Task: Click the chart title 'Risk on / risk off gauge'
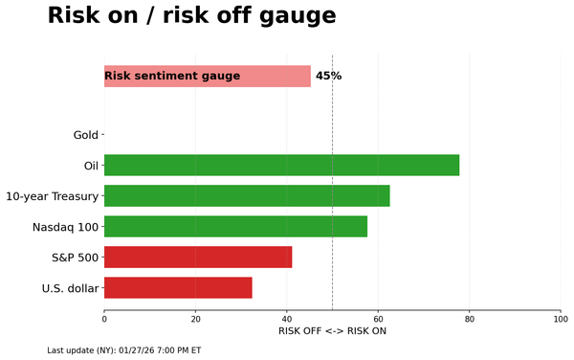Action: (191, 16)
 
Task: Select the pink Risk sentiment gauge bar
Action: (207, 77)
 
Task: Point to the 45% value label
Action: (328, 77)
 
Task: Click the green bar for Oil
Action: (281, 166)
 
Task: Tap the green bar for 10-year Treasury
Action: (247, 196)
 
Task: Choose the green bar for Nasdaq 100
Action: (235, 227)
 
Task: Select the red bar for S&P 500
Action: (198, 258)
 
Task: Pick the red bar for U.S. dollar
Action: (178, 288)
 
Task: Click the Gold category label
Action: (85, 135)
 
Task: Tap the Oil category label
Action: (91, 166)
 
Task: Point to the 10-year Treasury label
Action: (52, 196)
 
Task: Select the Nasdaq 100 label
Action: (65, 227)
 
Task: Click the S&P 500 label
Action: (75, 258)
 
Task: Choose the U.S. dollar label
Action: (70, 288)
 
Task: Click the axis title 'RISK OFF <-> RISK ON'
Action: (332, 331)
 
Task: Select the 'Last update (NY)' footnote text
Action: (123, 350)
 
